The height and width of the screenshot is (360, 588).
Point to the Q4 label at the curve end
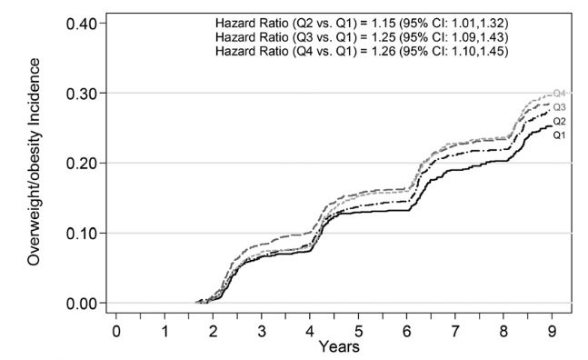coord(560,94)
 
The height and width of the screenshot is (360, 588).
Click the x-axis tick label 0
coord(115,329)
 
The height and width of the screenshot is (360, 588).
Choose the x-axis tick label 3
coord(262,329)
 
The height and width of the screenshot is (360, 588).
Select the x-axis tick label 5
coord(359,329)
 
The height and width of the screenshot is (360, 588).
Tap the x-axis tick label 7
coord(456,329)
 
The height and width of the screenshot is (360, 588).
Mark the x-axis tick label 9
coord(553,329)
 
